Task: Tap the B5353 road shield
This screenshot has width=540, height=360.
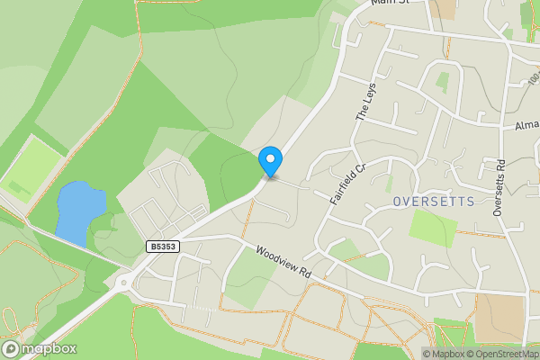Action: click(x=161, y=246)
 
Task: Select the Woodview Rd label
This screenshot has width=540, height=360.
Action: click(x=283, y=262)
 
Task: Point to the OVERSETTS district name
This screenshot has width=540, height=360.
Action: click(x=433, y=202)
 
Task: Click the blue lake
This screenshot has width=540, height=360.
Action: click(x=75, y=211)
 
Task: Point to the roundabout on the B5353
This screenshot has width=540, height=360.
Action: click(x=122, y=283)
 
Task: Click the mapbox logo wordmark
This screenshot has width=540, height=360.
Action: click(x=40, y=348)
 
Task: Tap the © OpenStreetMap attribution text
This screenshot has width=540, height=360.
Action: click(x=500, y=354)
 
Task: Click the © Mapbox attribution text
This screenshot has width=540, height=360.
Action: click(x=442, y=354)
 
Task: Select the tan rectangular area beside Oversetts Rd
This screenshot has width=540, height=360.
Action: click(x=499, y=318)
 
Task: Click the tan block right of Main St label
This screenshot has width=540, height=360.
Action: click(x=443, y=8)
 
